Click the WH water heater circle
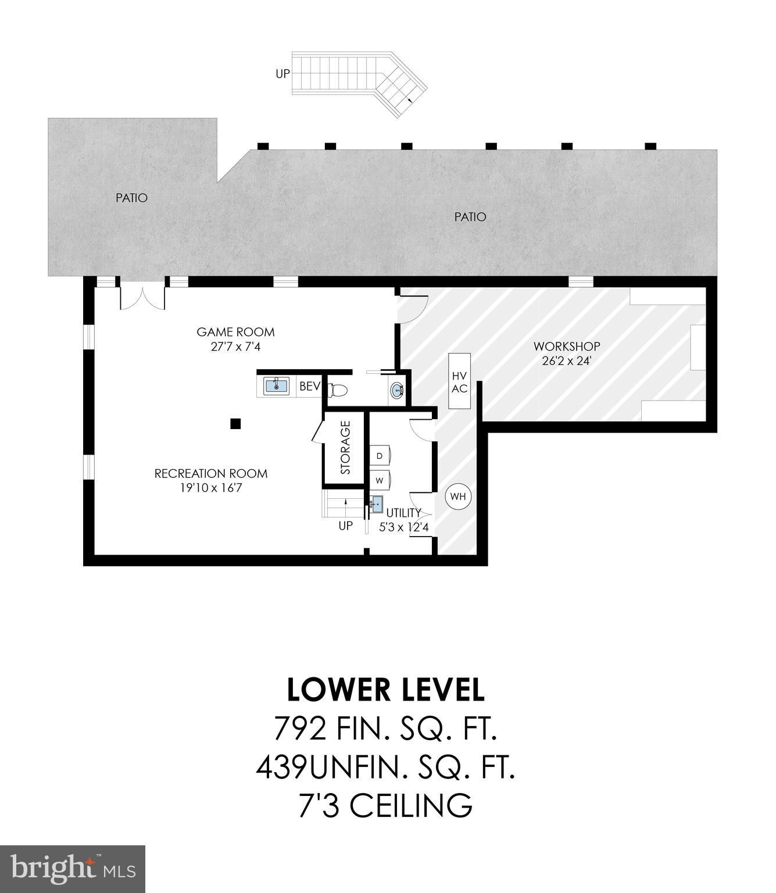pos(458,496)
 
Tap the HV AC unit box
pos(459,382)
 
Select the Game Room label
pos(235,332)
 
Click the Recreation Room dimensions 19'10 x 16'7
pos(211,488)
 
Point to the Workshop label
pos(567,347)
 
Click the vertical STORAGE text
pos(346,448)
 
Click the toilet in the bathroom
pos(338,390)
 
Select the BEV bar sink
pos(277,385)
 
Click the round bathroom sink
pos(397,390)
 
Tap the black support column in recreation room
pos(235,423)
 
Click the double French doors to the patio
pos(142,297)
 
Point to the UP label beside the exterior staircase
pos(283,74)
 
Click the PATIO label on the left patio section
pos(131,198)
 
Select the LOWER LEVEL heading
pos(386,690)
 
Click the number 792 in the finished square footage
pos(299,728)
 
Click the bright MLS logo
pos(73,869)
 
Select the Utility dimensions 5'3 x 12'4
pos(404,528)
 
